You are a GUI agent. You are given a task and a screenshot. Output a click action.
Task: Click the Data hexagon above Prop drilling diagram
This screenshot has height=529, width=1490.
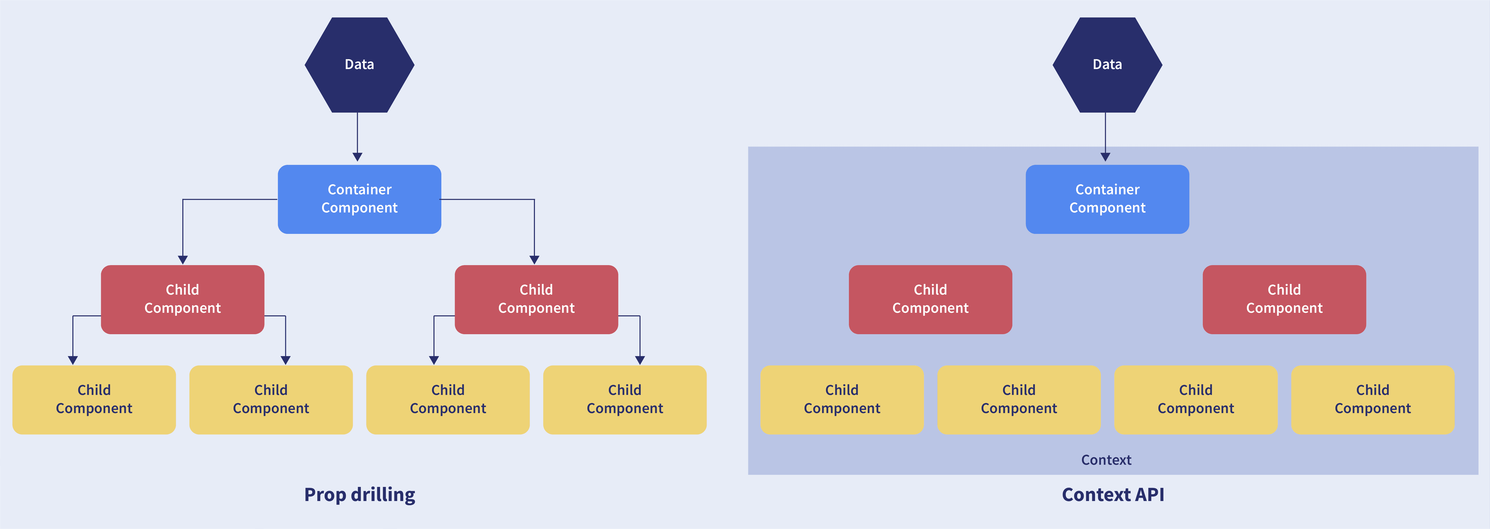click(359, 65)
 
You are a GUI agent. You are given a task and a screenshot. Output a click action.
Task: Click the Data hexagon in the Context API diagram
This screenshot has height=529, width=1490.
click(1107, 65)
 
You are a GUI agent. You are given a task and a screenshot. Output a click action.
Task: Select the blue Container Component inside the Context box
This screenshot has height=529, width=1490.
click(1107, 199)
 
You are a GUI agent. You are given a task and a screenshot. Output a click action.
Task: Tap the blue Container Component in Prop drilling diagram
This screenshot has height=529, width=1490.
click(359, 199)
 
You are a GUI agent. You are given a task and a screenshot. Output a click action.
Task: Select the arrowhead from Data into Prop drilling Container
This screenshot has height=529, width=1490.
click(357, 157)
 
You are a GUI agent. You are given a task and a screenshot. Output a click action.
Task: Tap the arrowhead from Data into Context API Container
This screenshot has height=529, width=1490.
click(1105, 157)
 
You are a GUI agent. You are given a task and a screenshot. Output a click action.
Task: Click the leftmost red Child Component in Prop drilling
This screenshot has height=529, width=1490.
click(182, 299)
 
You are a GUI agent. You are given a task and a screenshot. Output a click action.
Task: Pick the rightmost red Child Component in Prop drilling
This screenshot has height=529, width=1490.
click(536, 299)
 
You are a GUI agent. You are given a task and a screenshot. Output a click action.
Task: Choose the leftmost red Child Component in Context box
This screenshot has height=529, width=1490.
click(930, 299)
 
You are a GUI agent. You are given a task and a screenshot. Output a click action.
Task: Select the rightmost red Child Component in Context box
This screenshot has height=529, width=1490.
click(1284, 299)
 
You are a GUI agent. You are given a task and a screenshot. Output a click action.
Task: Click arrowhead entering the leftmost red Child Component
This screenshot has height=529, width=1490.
click(183, 260)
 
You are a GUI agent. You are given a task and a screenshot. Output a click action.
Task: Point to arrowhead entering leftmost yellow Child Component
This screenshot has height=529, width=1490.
click(73, 360)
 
